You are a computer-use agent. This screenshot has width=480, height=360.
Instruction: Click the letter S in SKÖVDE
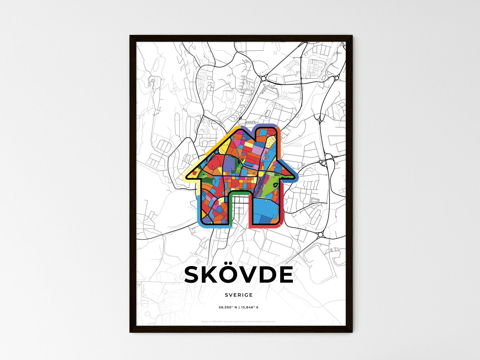(x=194, y=275)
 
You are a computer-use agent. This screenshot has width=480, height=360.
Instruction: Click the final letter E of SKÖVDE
(x=286, y=275)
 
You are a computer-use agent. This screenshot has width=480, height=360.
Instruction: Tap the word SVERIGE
(x=239, y=295)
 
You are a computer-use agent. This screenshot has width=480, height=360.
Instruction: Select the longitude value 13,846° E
(x=250, y=308)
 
